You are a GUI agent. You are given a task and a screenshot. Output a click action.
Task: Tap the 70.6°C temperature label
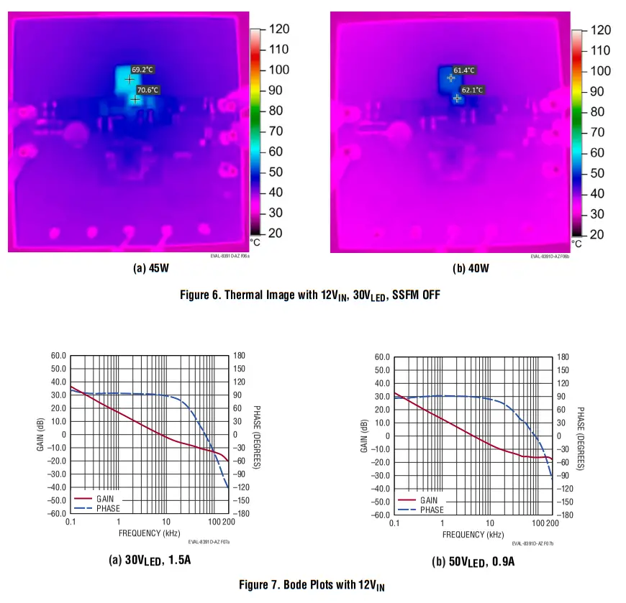point(148,90)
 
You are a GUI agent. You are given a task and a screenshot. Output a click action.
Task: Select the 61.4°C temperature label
point(463,70)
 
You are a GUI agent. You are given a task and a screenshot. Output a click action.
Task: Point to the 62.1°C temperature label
point(472,90)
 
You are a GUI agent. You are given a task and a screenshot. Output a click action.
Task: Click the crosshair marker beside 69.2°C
point(130,79)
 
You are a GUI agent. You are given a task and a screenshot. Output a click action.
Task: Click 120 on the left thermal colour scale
point(278,29)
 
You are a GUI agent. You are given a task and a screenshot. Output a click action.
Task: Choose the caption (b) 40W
point(471,269)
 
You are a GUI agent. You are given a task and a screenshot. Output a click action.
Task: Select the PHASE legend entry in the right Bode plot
point(432,510)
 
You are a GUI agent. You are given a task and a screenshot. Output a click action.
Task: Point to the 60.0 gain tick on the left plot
point(58,356)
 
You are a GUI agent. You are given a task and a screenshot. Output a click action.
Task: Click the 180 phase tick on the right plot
point(563,357)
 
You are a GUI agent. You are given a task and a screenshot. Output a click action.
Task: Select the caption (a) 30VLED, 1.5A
point(154,559)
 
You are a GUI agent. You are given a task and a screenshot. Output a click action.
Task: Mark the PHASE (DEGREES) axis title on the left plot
point(257,436)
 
